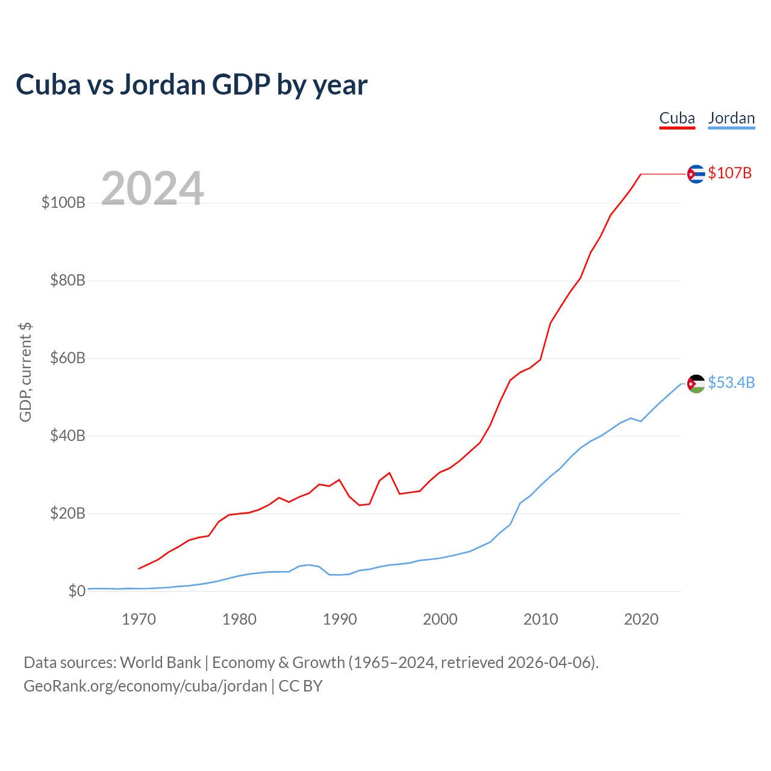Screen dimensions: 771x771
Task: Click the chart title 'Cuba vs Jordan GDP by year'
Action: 192,85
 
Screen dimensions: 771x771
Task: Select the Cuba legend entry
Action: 677,118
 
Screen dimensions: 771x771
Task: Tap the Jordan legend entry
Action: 731,118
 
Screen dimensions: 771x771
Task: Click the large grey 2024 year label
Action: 152,189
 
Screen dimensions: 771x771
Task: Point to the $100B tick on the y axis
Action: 63,203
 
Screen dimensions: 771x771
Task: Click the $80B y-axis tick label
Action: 67,281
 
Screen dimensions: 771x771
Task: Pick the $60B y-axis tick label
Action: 67,358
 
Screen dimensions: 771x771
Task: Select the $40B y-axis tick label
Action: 67,436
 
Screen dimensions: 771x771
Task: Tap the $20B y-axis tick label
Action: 67,514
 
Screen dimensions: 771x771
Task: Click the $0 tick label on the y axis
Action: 76,592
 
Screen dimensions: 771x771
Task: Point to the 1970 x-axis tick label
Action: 139,619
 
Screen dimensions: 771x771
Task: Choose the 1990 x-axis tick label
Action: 340,619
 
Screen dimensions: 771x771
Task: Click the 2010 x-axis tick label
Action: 541,619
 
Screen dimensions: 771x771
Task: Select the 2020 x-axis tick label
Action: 641,619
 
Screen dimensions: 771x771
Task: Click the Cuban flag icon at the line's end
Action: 696,174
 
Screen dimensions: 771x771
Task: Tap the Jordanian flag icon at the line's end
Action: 696,384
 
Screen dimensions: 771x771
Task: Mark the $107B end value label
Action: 730,173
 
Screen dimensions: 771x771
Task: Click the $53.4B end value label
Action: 731,383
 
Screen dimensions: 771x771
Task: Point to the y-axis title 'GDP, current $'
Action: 25,372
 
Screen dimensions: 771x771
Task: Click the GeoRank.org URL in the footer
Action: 145,686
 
